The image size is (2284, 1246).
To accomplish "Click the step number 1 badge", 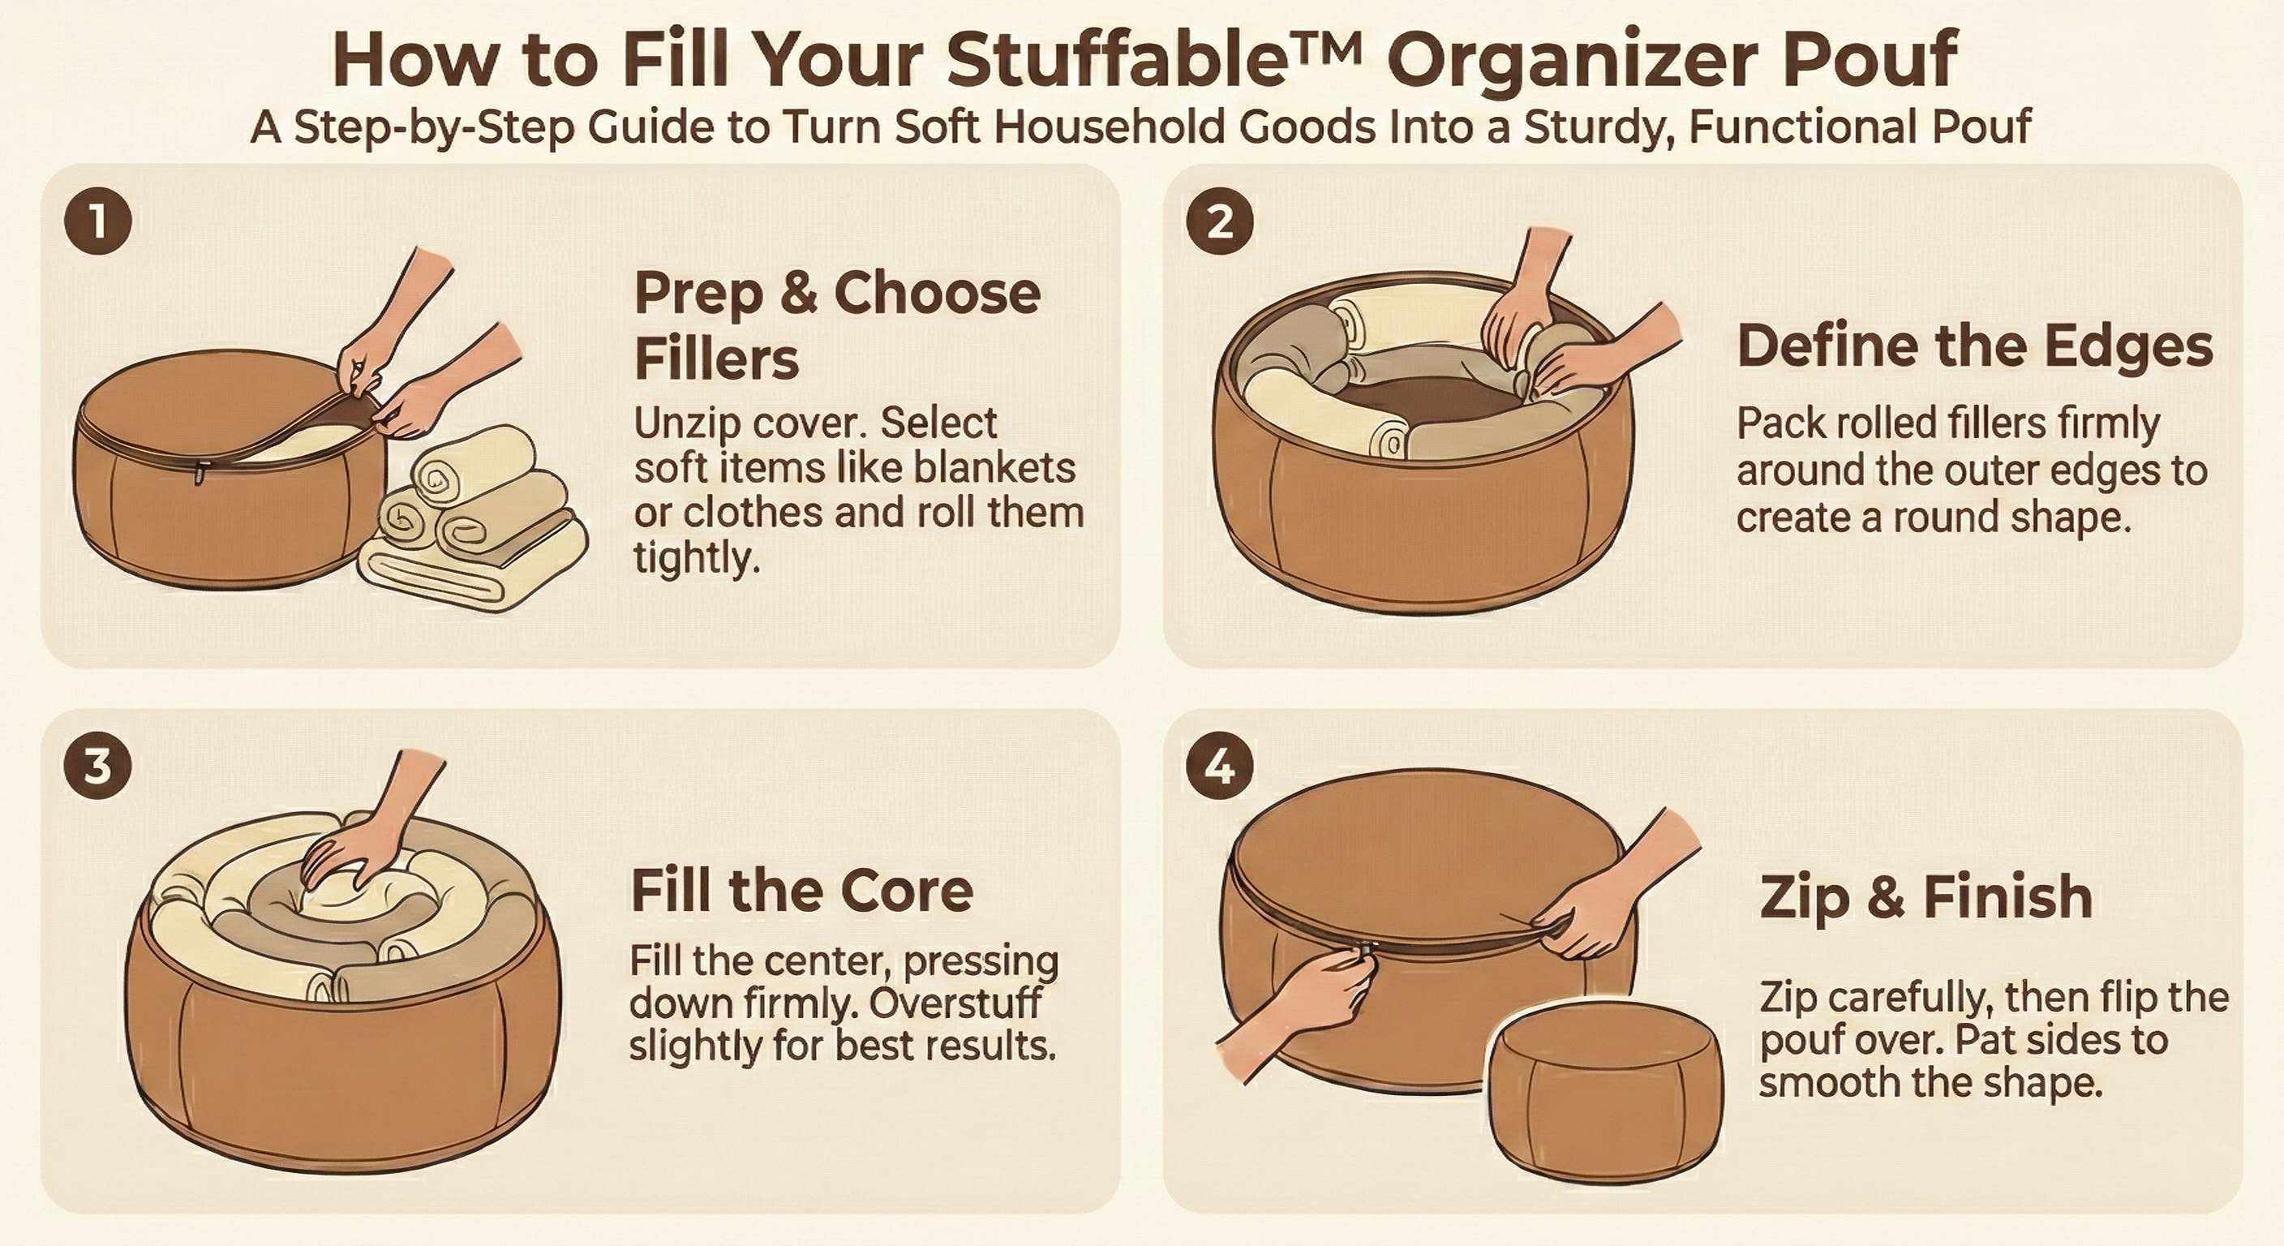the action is tap(97, 221).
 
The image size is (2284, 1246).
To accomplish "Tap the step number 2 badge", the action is tap(1220, 221).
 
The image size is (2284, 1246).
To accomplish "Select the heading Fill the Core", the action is tap(801, 892).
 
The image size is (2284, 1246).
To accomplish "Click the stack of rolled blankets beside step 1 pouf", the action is tap(474, 519).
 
